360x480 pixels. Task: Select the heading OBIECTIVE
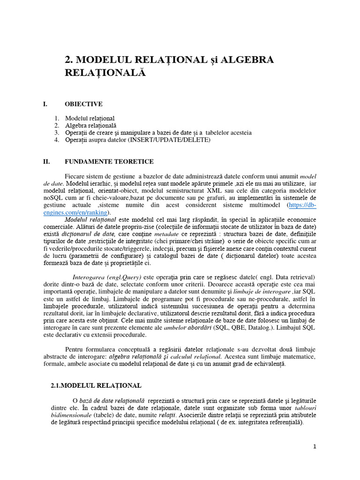pos(83,104)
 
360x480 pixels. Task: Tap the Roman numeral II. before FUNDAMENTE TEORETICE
pos(46,162)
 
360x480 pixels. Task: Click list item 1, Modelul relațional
pos(90,119)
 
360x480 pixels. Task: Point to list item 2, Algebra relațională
pos(91,126)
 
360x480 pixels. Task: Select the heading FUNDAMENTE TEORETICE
pos(109,162)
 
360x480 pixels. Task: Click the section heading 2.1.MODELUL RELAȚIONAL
pos(96,385)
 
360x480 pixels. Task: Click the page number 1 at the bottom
pos(315,447)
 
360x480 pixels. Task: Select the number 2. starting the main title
pos(68,60)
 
